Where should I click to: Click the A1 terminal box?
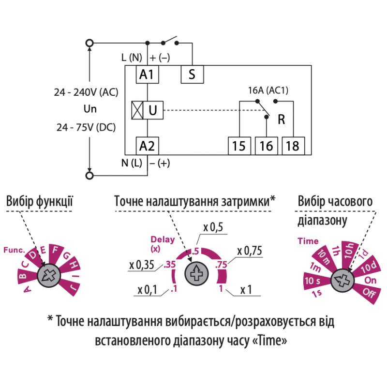148,74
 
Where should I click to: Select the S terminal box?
192,74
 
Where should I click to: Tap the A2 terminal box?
148,146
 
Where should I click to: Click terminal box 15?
239,146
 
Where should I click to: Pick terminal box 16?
267,146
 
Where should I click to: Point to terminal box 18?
293,146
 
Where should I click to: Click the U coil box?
153,110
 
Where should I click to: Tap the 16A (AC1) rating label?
268,90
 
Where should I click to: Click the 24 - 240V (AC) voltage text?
86,92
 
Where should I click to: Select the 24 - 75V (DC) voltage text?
86,128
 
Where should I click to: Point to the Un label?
90,109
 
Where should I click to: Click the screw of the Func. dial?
49,275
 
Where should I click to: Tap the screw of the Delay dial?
196,274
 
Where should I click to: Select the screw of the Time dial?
342,281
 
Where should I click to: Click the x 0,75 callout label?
250,251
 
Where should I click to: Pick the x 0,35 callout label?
141,265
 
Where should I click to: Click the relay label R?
282,119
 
